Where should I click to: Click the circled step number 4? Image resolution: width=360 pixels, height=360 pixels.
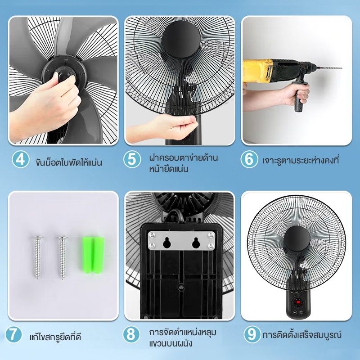click(x=21, y=159)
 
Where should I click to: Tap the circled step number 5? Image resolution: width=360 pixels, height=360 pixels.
click(x=132, y=159)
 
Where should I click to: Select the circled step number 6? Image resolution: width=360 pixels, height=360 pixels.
click(x=249, y=159)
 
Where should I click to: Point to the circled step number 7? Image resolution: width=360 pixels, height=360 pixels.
click(x=13, y=334)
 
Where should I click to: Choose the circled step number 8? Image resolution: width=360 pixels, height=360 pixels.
click(x=131, y=334)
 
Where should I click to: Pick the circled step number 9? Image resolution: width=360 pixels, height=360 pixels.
click(x=252, y=334)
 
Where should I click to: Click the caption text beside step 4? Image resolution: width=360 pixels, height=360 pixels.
click(x=69, y=162)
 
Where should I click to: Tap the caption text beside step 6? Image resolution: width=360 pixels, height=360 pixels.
click(x=301, y=160)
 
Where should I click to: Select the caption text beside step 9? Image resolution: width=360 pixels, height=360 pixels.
click(x=302, y=334)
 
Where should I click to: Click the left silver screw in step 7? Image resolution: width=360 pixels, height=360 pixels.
click(x=37, y=257)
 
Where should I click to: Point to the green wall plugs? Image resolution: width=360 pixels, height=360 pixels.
click(x=93, y=254)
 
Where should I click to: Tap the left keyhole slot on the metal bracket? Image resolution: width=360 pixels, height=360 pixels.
click(x=167, y=243)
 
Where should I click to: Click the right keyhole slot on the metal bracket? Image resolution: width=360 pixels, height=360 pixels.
click(x=196, y=243)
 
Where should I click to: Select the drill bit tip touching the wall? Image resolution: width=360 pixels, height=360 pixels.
click(x=342, y=68)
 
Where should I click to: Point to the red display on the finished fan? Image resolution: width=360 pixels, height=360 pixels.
click(x=298, y=301)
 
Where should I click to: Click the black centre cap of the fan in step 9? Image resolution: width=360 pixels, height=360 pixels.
click(x=296, y=239)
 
